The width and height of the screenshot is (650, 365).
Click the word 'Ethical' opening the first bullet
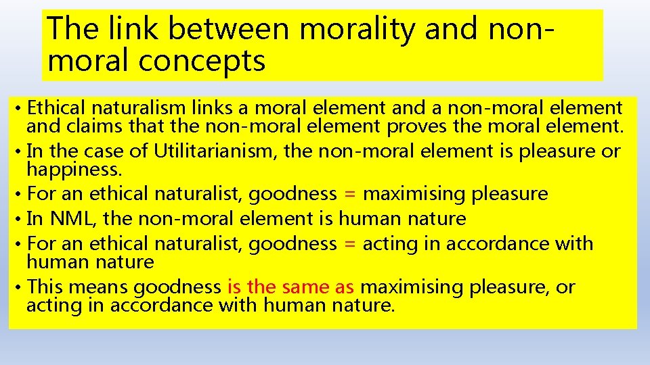[57, 107]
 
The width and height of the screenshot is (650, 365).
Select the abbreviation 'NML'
[66, 218]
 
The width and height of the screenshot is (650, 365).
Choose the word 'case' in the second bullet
[116, 151]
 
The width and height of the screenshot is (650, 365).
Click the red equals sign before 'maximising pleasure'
[349, 194]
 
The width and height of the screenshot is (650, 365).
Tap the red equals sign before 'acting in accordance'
[349, 243]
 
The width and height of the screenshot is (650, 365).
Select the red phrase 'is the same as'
[291, 287]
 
